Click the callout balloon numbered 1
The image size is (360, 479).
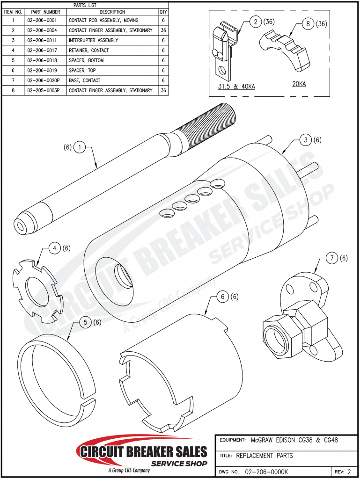[80, 147]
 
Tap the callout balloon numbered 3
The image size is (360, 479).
[305, 140]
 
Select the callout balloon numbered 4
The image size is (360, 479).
[56, 248]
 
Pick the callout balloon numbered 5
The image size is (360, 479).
[86, 322]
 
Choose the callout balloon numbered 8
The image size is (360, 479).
[308, 24]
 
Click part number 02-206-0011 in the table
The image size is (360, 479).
[43, 40]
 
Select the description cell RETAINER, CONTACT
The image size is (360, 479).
[88, 51]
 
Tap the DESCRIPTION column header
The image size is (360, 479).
[112, 12]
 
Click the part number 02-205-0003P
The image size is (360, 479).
[44, 90]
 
